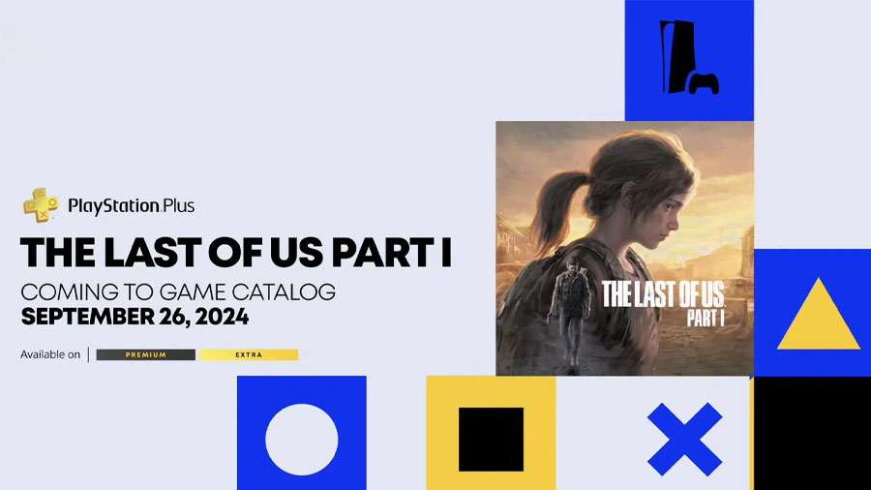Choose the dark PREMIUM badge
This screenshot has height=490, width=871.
[x=145, y=355]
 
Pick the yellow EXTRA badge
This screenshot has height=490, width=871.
[x=249, y=355]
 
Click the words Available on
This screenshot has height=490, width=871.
[x=50, y=355]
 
